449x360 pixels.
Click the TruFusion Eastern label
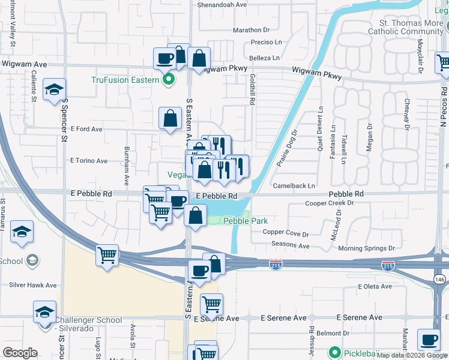(125, 80)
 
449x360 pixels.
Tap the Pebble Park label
(246, 221)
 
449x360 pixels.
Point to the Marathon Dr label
(252, 29)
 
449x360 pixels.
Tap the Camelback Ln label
(294, 186)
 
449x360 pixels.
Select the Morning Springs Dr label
(366, 248)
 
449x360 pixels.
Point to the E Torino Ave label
(89, 161)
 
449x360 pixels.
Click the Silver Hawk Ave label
(32, 286)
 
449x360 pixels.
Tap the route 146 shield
(439, 280)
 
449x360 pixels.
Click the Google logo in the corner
(20, 353)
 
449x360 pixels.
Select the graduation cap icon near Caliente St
(54, 91)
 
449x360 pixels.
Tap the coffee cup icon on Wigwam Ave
(164, 59)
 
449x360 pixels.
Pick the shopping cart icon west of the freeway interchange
(107, 255)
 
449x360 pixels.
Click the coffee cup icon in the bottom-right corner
(429, 339)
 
